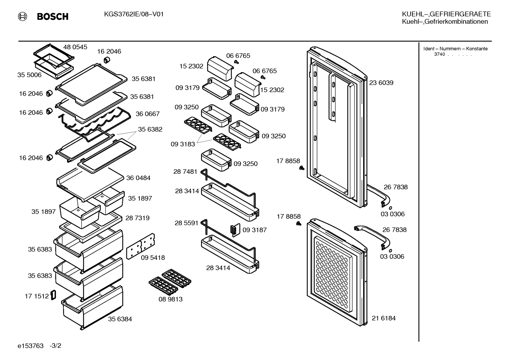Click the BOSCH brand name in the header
53,17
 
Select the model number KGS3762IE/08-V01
134,14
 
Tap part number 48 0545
75,47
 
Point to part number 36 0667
148,114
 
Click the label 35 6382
150,129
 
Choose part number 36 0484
138,178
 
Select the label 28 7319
137,218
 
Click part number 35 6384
120,319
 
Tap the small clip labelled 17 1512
53,295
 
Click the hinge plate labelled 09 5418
140,246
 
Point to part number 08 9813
170,299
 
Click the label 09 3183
183,144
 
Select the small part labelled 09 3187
235,230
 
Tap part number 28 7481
185,172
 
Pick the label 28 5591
186,223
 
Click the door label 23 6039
381,83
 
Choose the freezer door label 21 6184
384,318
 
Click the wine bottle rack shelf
95,124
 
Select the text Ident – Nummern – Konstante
455,49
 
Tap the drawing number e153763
30,346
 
